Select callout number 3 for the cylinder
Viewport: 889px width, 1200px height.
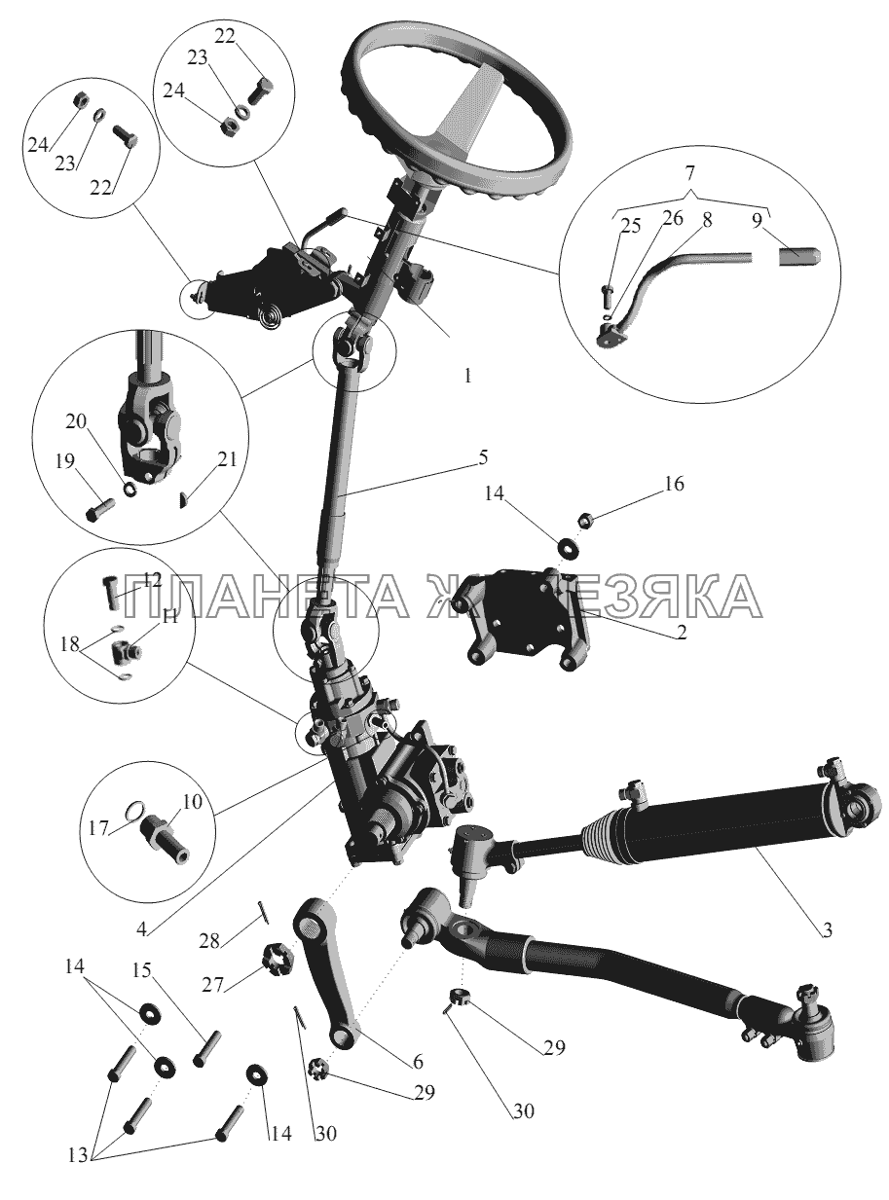tap(826, 930)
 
